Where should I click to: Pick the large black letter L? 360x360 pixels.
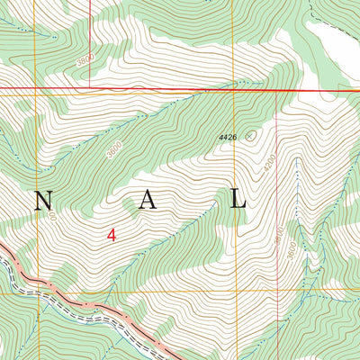(238, 200)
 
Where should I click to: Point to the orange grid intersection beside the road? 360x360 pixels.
(38, 292)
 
